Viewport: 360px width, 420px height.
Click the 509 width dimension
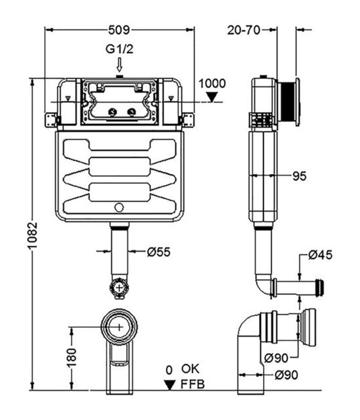coord(119,30)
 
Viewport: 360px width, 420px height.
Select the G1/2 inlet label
coord(119,49)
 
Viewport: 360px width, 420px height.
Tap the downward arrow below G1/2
coord(119,65)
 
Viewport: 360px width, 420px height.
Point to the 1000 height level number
coord(212,84)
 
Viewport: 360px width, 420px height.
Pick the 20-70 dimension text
coord(243,30)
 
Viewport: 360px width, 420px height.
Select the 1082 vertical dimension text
coord(33,235)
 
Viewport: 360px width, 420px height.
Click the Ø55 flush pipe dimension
coord(159,252)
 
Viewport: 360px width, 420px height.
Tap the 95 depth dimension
coord(299,176)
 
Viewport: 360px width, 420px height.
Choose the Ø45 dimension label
coord(320,255)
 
